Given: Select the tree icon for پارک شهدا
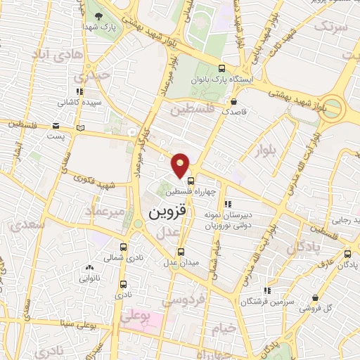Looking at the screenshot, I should (97, 15).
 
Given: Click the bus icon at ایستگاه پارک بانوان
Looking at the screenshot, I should (222, 68).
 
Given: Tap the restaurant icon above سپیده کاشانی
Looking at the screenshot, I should (80, 91).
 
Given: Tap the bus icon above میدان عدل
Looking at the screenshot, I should (181, 251).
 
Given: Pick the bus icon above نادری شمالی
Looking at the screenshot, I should (124, 247).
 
